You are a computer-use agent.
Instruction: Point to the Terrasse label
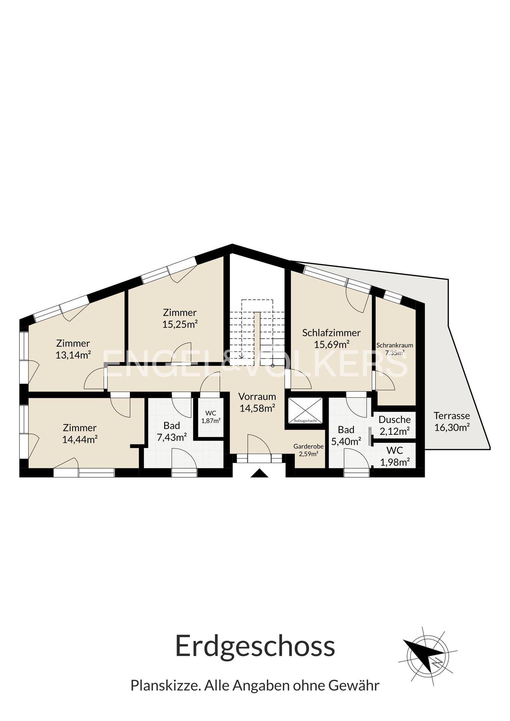tap(452, 416)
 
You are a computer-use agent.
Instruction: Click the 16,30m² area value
tap(452, 427)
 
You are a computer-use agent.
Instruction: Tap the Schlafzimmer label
tap(332, 333)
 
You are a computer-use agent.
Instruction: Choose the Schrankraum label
tap(395, 345)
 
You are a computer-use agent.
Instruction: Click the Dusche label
tap(395, 419)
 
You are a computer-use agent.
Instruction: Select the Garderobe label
tap(309, 446)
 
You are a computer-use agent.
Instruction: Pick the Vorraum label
tap(257, 396)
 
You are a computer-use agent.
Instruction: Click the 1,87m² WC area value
tap(211, 421)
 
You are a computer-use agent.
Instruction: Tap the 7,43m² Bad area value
tap(172, 437)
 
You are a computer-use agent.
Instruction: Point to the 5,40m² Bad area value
tap(346, 441)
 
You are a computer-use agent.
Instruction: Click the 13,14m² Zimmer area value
tap(73, 354)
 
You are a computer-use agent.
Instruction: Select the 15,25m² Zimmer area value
tap(180, 324)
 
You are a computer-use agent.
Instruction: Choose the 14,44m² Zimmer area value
tap(80, 439)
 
